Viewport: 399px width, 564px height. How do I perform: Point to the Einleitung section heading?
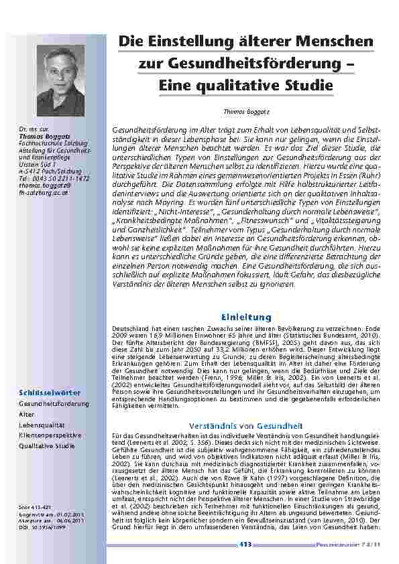point(246,316)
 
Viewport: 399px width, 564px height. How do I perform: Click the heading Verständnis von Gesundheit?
point(247,425)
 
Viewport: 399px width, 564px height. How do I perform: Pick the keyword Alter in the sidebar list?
point(27,415)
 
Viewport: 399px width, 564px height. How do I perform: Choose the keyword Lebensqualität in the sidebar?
point(42,425)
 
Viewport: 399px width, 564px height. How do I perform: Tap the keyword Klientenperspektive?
point(50,435)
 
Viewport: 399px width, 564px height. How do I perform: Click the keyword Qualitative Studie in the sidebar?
point(47,445)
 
